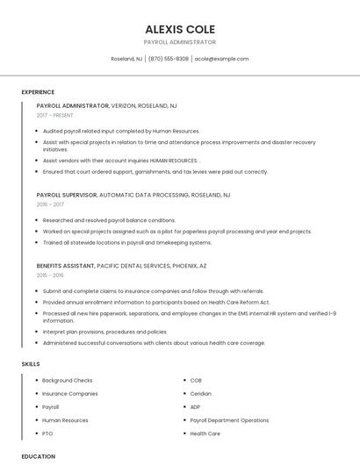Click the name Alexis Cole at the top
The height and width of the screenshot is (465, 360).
click(x=179, y=29)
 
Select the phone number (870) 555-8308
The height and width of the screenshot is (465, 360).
click(x=169, y=59)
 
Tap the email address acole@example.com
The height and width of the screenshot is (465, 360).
click(x=221, y=59)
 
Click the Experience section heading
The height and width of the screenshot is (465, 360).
click(x=38, y=92)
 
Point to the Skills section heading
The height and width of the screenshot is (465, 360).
click(x=31, y=363)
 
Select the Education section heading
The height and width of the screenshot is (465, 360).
click(x=38, y=456)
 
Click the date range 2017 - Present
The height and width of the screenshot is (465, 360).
click(x=55, y=115)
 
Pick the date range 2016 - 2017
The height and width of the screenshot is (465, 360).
click(x=50, y=204)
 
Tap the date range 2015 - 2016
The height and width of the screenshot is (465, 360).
click(x=50, y=275)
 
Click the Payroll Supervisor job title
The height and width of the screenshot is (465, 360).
click(x=67, y=195)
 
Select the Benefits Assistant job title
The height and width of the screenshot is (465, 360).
click(x=66, y=265)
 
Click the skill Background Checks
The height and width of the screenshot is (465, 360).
click(x=67, y=381)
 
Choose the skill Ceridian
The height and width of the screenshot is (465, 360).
click(x=200, y=394)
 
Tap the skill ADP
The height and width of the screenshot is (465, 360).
click(x=195, y=407)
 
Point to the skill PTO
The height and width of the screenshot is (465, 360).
click(x=47, y=433)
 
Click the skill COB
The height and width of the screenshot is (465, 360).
click(x=195, y=381)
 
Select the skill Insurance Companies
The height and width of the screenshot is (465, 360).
click(x=70, y=394)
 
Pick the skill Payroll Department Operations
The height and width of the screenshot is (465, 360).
click(x=229, y=420)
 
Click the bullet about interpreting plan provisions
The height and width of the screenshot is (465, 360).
click(x=104, y=332)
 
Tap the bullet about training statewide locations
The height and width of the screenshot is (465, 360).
click(x=126, y=242)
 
